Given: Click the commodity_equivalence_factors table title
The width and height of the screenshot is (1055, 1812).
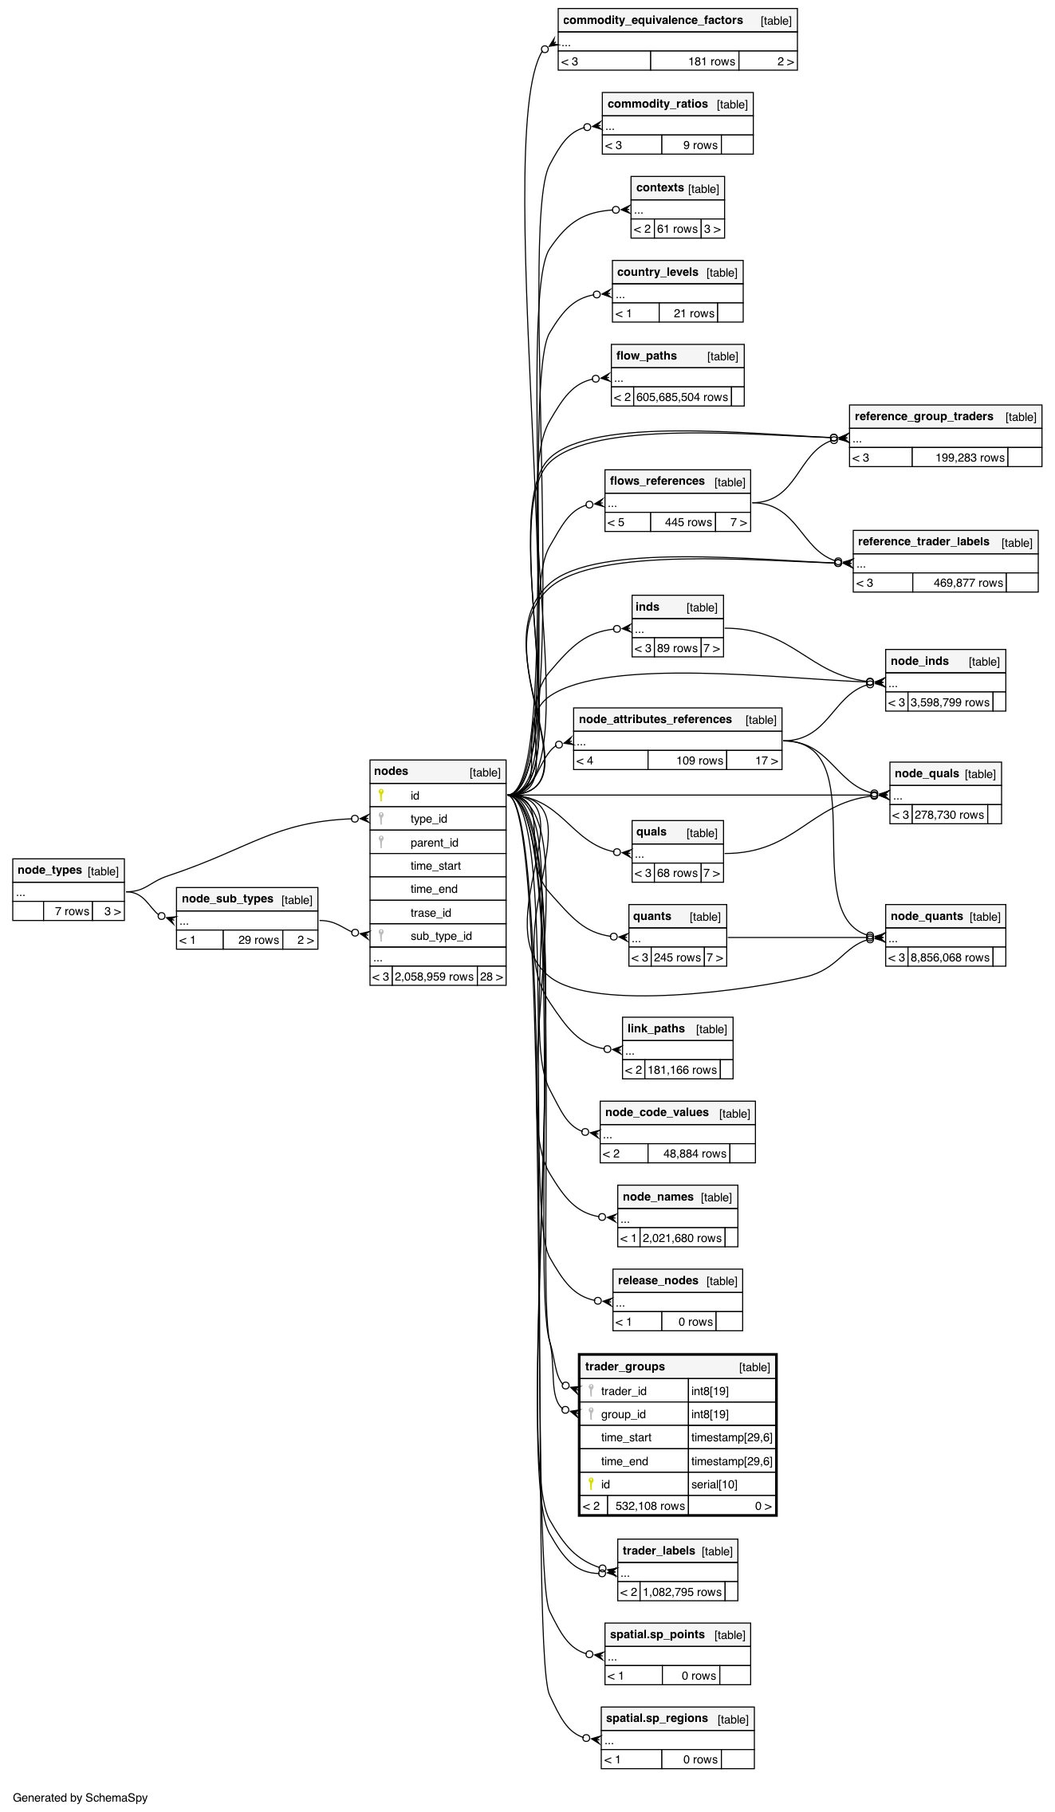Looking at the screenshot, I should pos(652,21).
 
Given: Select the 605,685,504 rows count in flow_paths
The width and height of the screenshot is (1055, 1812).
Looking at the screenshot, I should pos(682,397).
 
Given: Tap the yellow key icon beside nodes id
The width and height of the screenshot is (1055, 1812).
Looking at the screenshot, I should pos(381,795).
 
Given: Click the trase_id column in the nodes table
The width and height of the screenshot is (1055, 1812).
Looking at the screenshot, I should pos(431,913).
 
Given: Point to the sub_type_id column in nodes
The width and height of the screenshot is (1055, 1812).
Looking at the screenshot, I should pos(441,936).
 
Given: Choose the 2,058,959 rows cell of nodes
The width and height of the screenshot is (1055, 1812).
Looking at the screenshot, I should pos(435,977).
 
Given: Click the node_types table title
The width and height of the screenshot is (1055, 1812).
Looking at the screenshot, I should pos(49,871).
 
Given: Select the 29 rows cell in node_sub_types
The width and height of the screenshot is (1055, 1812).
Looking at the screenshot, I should pos(258,940).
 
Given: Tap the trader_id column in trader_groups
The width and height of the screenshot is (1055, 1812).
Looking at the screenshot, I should pos(624,1391).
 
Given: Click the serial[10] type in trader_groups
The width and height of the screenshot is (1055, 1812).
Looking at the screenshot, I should pos(714,1484).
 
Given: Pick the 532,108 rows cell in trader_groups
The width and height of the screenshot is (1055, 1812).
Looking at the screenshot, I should pos(650,1506).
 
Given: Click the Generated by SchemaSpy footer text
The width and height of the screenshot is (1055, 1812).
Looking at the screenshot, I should pos(81,1798).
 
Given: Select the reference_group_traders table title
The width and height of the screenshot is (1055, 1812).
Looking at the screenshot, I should pos(923,417).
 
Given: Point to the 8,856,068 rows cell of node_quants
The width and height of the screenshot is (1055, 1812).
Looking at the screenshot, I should pos(950,957).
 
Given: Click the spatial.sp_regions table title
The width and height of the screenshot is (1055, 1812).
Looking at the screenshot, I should pos(656,1719).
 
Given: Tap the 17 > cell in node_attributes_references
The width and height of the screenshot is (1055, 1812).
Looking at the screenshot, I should pos(766,761).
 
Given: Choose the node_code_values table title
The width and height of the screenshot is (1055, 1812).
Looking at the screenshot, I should pos(656,1113).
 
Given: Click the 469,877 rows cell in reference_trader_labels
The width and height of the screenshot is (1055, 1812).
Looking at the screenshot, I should pos(968,583).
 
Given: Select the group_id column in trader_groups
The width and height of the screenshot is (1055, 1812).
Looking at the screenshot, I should pos(624,1414).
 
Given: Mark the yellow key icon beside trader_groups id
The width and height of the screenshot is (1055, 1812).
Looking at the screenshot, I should pos(591,1484).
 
